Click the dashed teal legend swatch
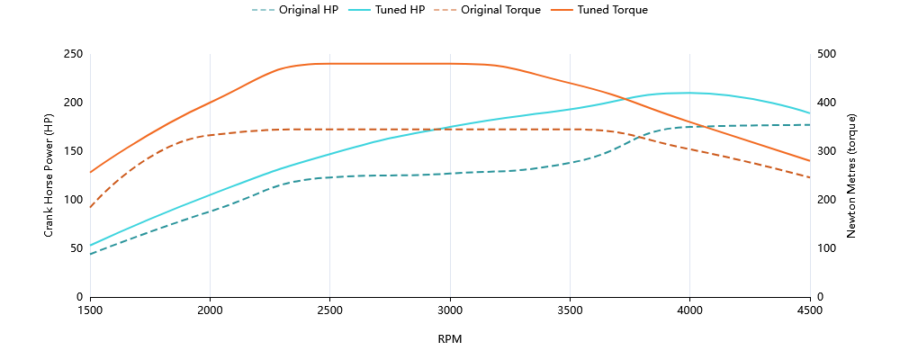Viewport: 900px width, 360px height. coord(264,10)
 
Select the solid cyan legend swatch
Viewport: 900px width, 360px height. coord(359,10)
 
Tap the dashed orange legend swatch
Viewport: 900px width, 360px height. coord(445,10)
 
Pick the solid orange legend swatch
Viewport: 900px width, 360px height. coord(562,10)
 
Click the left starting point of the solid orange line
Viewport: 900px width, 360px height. coord(90,172)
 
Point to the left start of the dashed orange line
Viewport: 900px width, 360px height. coord(90,208)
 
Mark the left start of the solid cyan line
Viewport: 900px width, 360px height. coord(90,245)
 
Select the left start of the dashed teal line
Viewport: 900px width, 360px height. coord(90,255)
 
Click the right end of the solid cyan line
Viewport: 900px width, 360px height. coord(810,113)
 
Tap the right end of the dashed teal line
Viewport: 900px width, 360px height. coord(810,124)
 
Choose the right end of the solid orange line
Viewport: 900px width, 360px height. coord(810,161)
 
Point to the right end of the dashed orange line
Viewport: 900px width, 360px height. coord(810,177)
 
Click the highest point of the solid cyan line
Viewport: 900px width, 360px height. coord(688,93)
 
